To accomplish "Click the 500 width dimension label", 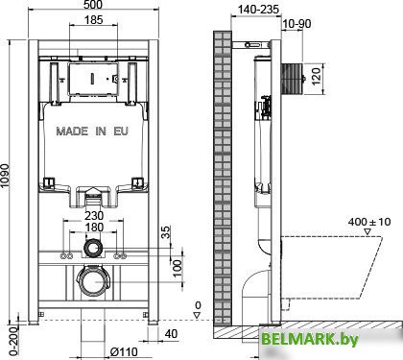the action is tap(94, 5).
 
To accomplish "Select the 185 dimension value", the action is tap(94, 20).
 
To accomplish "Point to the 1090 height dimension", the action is tap(5, 180).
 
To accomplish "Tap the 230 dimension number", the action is tap(94, 215).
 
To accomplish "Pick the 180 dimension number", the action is tap(94, 228).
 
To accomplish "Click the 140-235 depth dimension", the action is tap(258, 10).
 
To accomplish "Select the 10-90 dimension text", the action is tap(296, 24).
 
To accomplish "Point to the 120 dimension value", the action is tap(316, 76).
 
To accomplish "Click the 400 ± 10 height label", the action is tap(369, 222).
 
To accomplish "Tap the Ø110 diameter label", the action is tap(124, 351).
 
